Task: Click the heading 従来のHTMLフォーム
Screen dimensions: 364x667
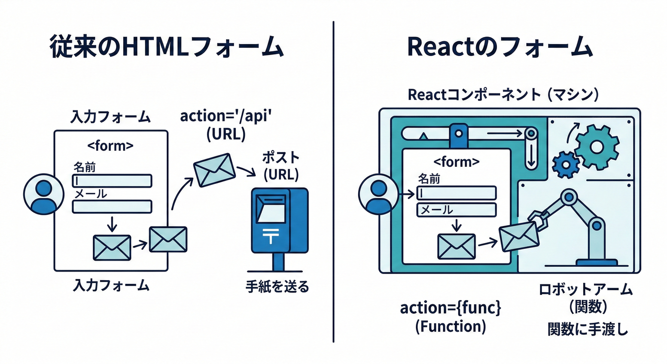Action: point(166,48)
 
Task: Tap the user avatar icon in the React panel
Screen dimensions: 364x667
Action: point(378,196)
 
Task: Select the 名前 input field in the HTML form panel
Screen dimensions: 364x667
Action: point(112,181)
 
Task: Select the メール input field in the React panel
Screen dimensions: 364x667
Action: point(456,209)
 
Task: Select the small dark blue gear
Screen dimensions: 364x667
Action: point(566,164)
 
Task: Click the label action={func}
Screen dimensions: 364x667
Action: point(451,308)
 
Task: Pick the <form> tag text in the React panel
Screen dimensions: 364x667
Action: point(456,162)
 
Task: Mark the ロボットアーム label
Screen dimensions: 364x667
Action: point(586,290)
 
